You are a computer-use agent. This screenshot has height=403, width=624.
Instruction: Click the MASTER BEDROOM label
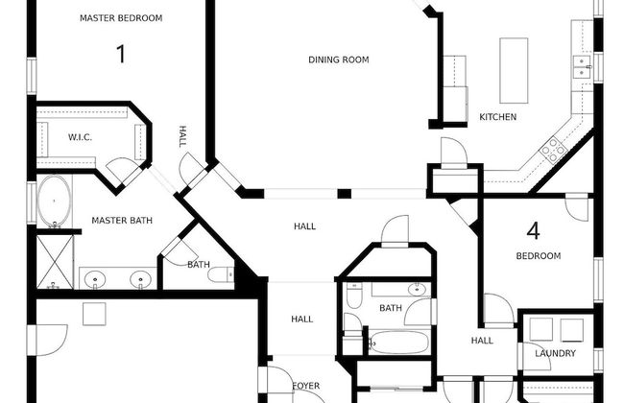[120, 18]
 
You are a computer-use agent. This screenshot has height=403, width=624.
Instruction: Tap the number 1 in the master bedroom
[121, 54]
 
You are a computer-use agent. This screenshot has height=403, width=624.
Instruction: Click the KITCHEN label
[497, 117]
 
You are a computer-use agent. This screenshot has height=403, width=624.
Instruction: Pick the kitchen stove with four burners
[553, 148]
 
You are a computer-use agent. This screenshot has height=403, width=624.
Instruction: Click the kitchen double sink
[582, 65]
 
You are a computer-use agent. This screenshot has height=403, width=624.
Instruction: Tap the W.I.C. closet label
[80, 137]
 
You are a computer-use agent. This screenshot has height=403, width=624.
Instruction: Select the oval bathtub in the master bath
[54, 201]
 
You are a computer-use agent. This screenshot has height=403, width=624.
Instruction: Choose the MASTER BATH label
[122, 221]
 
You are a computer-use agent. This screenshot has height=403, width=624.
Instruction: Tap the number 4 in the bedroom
[534, 230]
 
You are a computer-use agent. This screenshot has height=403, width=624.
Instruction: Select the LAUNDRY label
[556, 354]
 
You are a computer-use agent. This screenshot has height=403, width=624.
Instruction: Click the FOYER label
[305, 386]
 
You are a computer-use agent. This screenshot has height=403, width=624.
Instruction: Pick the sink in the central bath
[416, 290]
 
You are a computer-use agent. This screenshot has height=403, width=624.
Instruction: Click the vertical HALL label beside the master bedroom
[182, 137]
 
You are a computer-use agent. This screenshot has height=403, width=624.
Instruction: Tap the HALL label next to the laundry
[482, 340]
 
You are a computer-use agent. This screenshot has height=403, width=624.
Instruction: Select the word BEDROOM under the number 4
[538, 256]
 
